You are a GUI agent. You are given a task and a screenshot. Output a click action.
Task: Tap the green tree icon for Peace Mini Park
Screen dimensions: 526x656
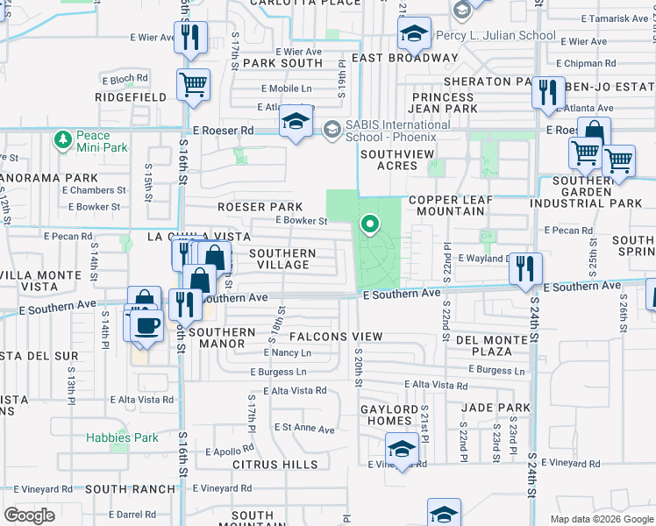pos(62,139)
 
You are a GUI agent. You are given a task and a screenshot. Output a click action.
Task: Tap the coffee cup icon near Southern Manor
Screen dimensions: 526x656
pos(147,326)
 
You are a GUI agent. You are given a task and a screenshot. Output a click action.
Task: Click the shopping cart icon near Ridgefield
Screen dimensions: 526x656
pos(193,86)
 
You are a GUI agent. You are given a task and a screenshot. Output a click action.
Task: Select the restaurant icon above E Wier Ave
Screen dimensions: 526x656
pos(188,39)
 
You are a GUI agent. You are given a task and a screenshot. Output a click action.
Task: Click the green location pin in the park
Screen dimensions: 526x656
pos(370,224)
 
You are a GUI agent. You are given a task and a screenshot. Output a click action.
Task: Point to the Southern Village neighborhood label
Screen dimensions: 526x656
pos(282,259)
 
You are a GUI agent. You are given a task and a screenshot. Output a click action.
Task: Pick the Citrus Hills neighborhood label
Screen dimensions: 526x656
pos(275,464)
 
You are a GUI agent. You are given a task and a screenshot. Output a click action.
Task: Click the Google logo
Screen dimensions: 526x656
pos(29,515)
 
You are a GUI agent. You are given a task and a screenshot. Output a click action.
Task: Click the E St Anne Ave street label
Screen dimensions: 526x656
pos(303,430)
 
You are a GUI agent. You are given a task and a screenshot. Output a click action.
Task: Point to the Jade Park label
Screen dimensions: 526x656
pos(496,408)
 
